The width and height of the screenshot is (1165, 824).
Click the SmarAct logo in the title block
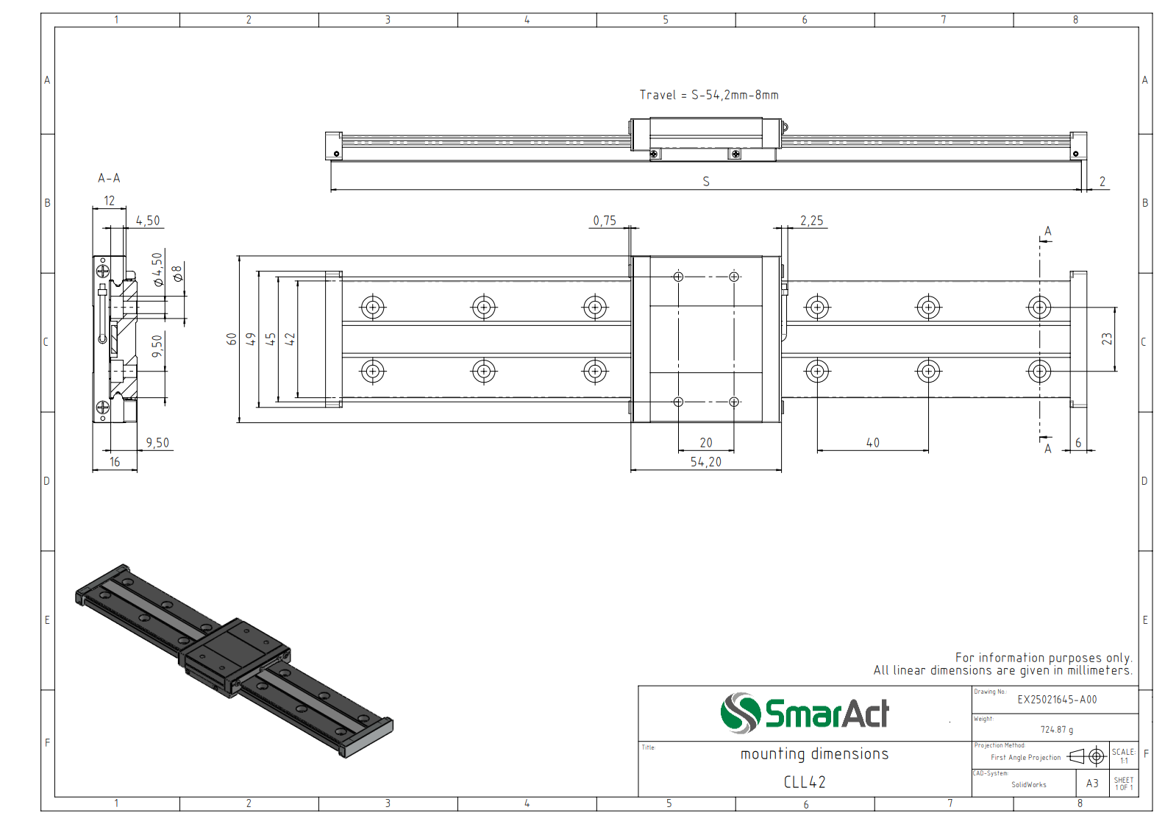(x=805, y=713)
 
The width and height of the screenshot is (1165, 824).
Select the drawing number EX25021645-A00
(x=1057, y=700)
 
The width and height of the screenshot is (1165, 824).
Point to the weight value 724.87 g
(x=1056, y=730)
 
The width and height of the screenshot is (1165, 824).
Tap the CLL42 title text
(x=805, y=782)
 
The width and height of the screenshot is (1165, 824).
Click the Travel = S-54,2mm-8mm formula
(x=709, y=95)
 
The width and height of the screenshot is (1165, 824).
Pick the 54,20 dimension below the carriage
(x=706, y=462)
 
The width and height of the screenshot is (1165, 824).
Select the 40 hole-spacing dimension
(x=873, y=443)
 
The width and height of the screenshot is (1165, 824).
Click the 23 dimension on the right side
(x=1107, y=338)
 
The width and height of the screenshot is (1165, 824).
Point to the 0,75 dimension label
(x=605, y=221)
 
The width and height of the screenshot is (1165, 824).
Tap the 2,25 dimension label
(x=811, y=221)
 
